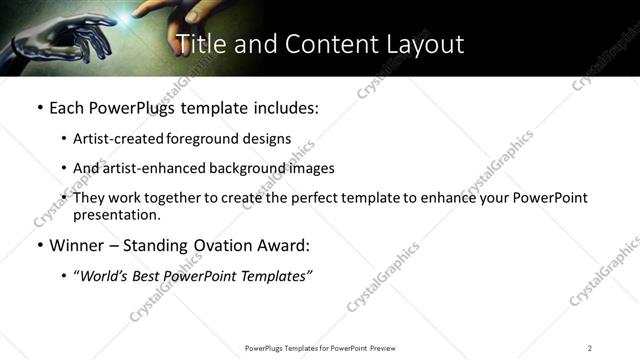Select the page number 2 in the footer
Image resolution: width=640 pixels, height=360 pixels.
pos(590,347)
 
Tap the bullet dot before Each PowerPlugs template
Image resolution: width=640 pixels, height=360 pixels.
pos(38,108)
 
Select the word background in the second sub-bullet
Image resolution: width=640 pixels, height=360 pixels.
pos(248,168)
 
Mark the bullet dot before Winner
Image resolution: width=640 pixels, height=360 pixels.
pos(38,245)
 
